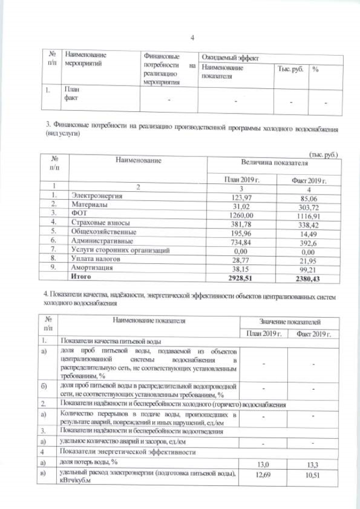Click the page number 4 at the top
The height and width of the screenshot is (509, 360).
tap(192, 38)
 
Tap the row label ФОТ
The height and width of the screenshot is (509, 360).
tap(78, 214)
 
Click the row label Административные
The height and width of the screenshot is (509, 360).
tap(98, 240)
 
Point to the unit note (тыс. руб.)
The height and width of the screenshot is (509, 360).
tap(323, 154)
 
